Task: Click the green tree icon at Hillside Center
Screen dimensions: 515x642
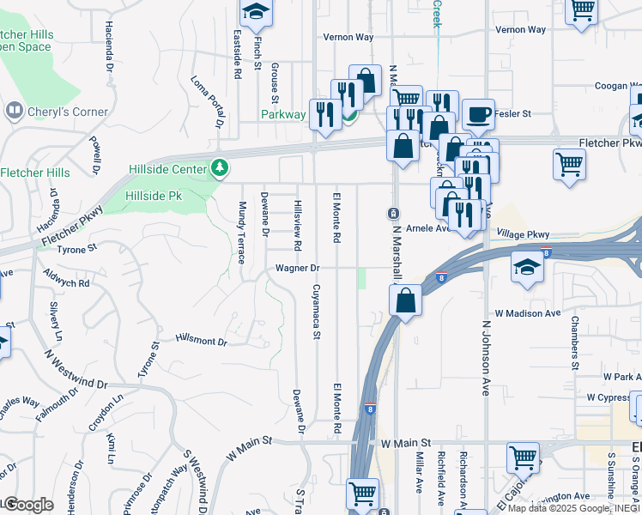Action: point(221,167)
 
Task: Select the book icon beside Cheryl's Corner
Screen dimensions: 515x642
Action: point(14,111)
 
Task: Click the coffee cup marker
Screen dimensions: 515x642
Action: point(478,112)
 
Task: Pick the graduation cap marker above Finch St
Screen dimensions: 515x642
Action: point(255,13)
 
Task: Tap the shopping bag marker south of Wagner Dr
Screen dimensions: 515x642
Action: point(404,300)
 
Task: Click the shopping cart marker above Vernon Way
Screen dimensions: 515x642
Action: point(582,10)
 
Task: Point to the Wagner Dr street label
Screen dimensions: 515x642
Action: point(297,268)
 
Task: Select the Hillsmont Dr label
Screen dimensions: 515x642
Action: point(201,341)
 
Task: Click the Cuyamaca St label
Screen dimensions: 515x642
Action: point(316,312)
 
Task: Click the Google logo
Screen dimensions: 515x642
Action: point(28,505)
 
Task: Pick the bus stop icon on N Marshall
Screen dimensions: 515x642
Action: point(393,212)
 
